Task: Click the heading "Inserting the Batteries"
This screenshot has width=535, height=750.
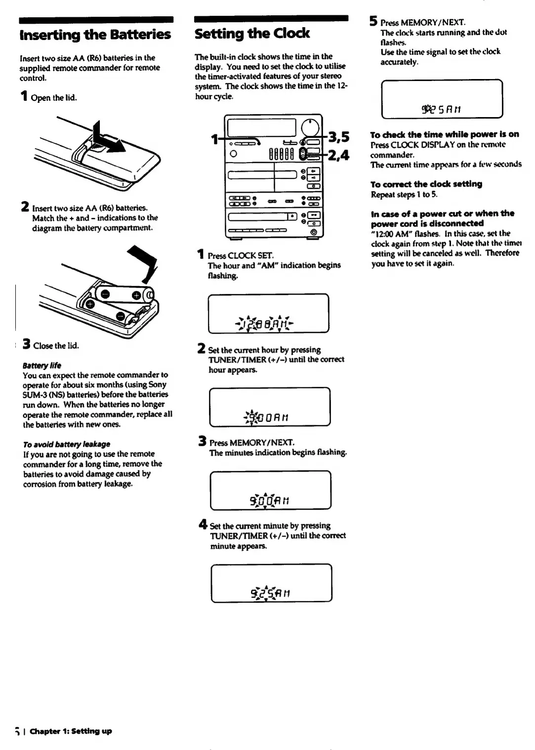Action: (x=95, y=35)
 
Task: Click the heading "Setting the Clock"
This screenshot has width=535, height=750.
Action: (x=252, y=34)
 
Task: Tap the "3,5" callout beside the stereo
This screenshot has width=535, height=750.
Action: (x=339, y=136)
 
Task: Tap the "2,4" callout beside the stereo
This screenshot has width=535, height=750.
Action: (x=339, y=155)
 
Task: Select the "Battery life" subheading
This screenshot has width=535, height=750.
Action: (x=42, y=366)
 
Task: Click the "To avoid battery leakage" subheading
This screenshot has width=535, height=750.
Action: (x=67, y=444)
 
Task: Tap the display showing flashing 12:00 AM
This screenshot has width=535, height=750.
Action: (x=268, y=314)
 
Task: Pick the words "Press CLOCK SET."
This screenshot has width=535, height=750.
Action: (x=241, y=255)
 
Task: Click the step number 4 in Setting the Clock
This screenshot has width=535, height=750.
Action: (x=203, y=524)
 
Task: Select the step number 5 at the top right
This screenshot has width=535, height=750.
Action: (x=373, y=21)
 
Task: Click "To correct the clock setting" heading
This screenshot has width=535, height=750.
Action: (x=426, y=184)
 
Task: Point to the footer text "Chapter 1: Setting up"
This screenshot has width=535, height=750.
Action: (x=71, y=731)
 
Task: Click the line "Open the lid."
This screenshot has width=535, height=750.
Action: (x=54, y=98)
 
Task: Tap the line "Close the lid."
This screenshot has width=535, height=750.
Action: (x=56, y=346)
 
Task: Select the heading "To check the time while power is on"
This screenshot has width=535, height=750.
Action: (x=445, y=134)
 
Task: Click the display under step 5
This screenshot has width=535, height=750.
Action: (x=442, y=99)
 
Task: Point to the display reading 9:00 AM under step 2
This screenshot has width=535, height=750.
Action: (x=270, y=407)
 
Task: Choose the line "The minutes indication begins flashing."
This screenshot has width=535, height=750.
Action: (x=278, y=453)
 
